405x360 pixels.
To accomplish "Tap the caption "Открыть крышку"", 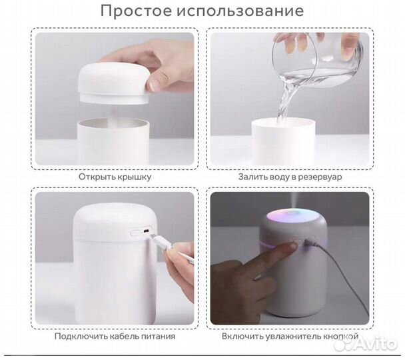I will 115,177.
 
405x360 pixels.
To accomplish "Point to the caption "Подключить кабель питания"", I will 115,336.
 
